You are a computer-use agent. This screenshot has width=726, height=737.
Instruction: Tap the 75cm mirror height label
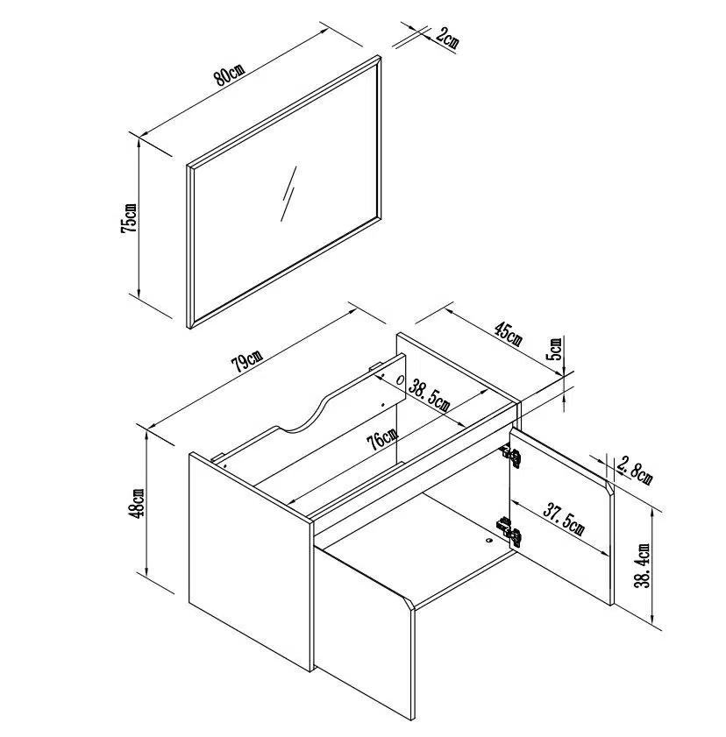tap(128, 218)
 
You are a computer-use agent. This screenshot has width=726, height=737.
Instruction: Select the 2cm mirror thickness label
tap(446, 38)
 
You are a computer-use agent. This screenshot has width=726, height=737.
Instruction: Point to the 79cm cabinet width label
tap(247, 361)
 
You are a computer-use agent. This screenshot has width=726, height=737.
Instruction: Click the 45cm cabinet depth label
tap(507, 333)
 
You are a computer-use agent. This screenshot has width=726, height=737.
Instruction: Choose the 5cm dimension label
tap(555, 348)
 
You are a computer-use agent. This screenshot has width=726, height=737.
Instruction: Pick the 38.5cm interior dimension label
tap(429, 396)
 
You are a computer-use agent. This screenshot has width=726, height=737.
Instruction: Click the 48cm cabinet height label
tap(138, 503)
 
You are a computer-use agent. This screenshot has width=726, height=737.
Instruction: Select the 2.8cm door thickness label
tap(635, 471)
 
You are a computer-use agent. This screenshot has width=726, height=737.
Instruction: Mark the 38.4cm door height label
tap(643, 565)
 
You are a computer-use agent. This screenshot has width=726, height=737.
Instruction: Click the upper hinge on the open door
tap(510, 456)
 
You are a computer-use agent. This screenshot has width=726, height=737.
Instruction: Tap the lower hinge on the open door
tap(509, 531)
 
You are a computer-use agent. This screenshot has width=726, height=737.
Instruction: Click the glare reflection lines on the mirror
tap(288, 193)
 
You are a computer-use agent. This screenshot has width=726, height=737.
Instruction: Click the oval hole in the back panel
tap(401, 379)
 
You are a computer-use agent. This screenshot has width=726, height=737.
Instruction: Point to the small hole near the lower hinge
tap(488, 540)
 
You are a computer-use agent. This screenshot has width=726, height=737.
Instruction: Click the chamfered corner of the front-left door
tap(407, 603)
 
